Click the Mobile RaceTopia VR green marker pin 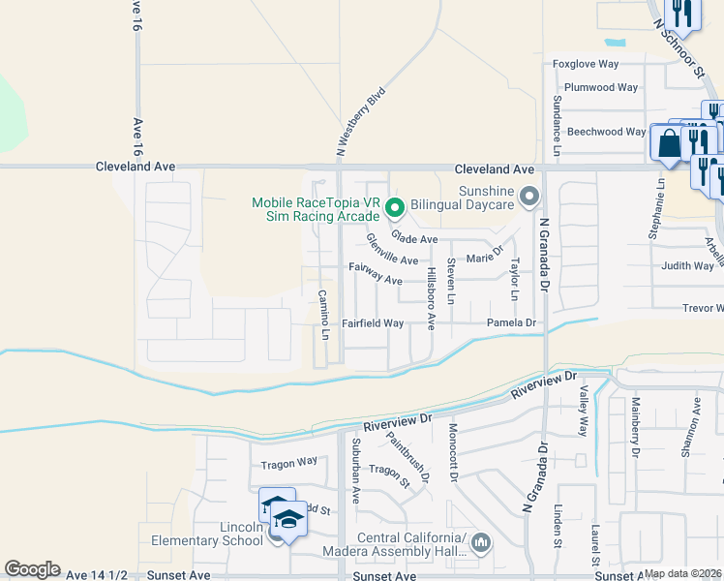395,207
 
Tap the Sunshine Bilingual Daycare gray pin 528,198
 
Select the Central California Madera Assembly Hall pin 481,544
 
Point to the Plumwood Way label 601,87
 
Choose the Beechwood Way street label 606,132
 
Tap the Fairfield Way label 373,323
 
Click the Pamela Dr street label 511,322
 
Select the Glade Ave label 414,238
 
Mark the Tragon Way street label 288,464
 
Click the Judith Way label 687,265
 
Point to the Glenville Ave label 392,255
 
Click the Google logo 33,569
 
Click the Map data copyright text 682,573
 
